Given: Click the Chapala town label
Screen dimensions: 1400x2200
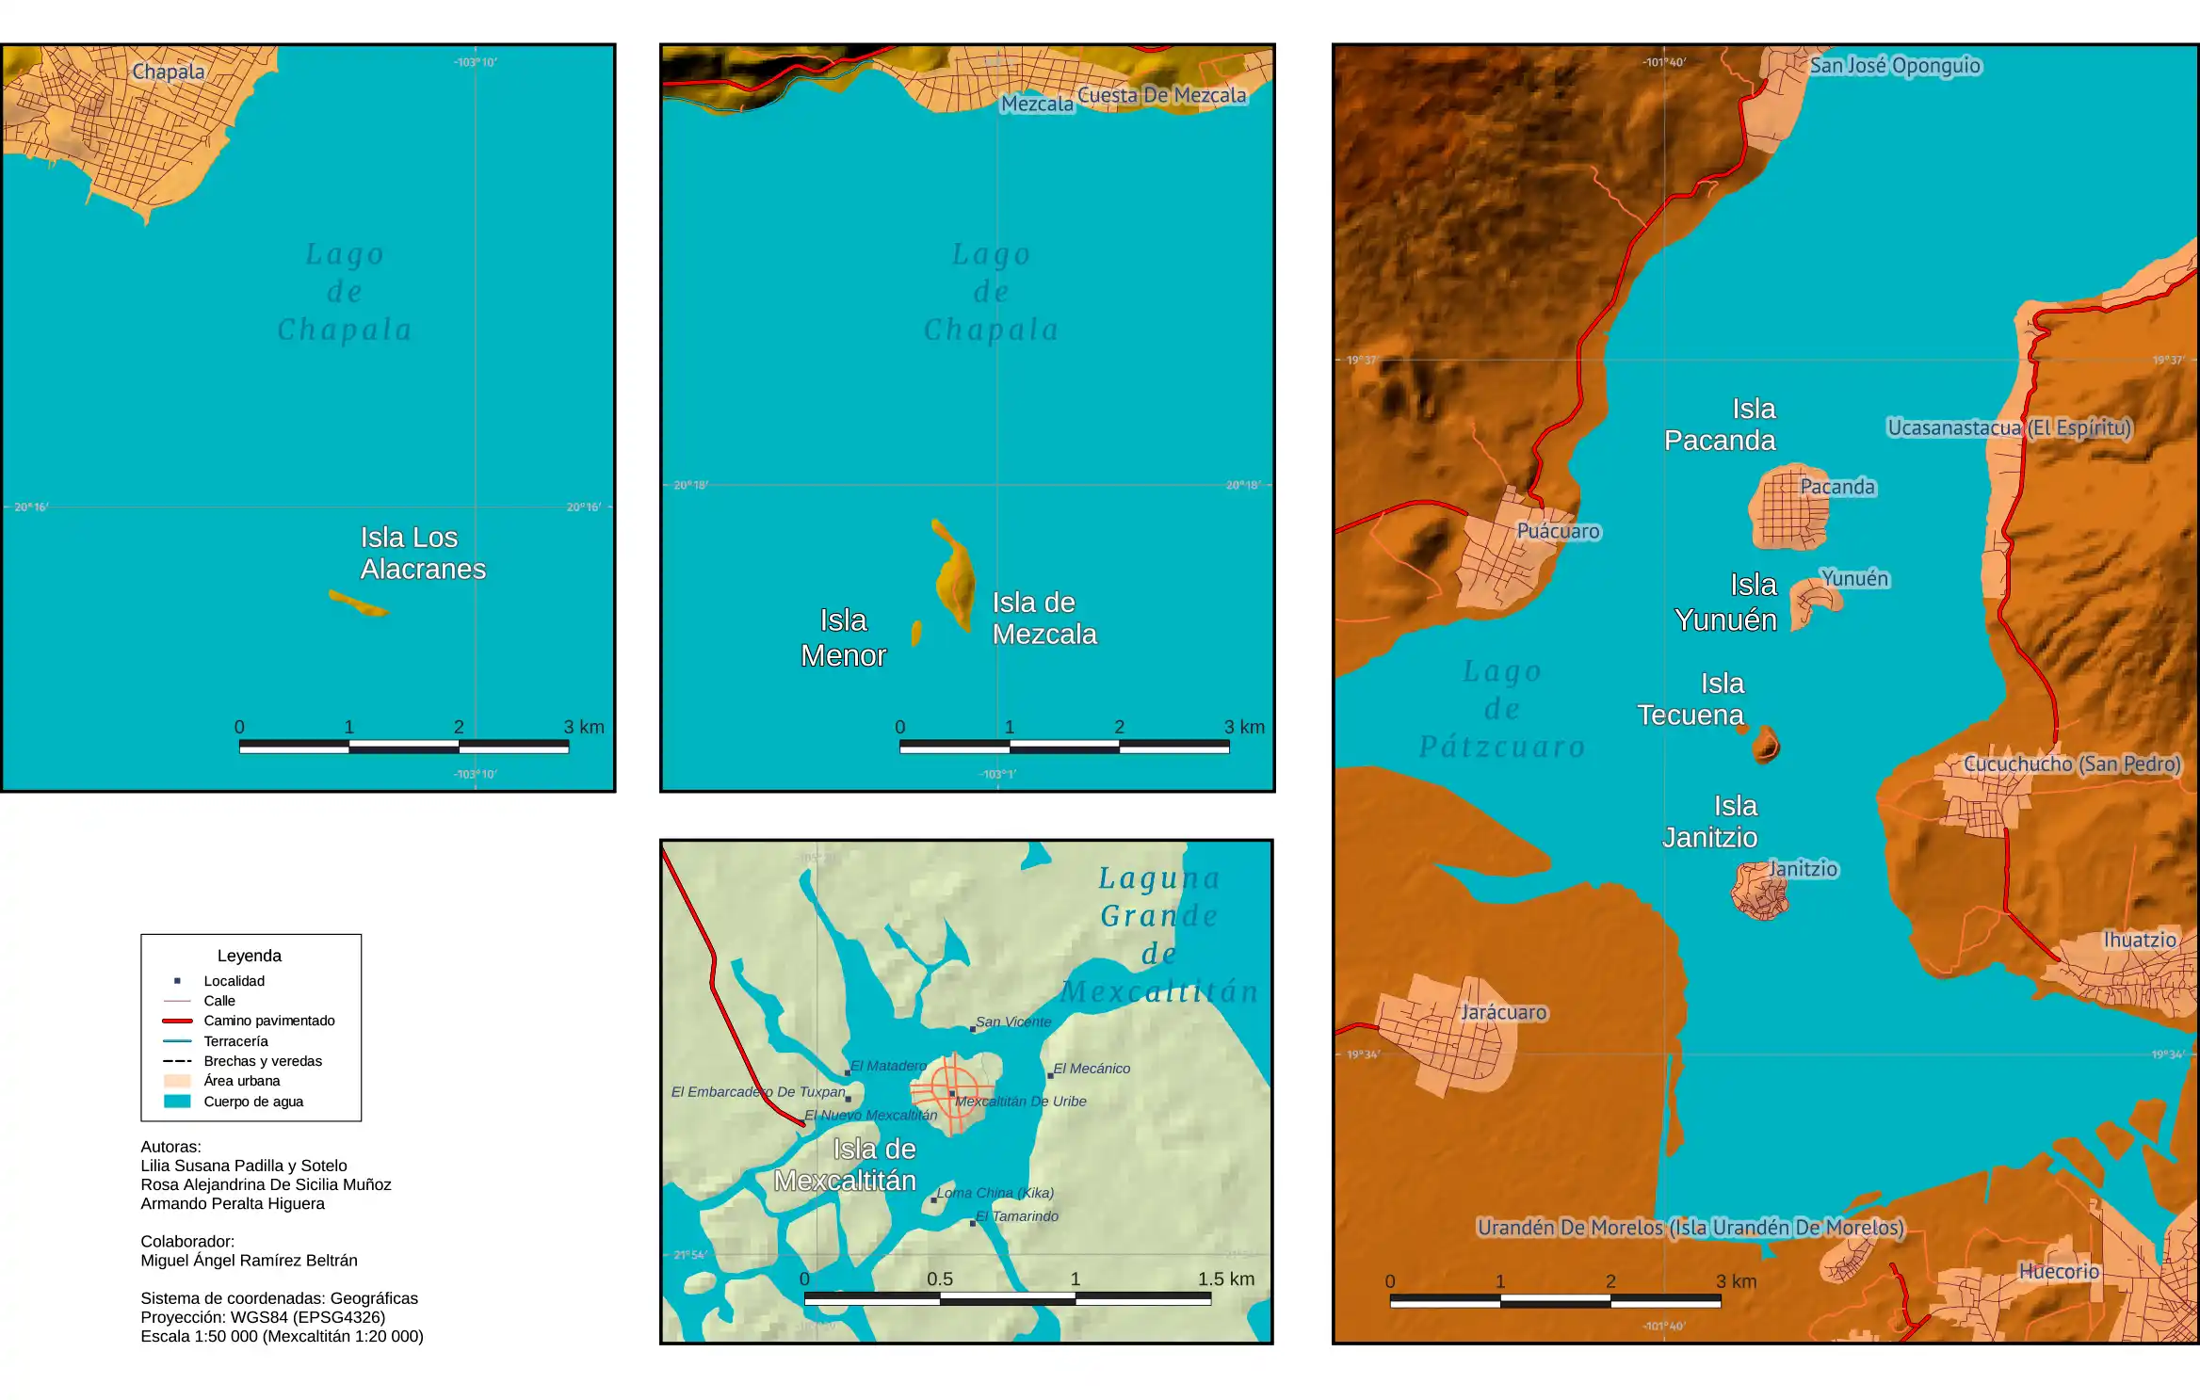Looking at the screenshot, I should pos(168,72).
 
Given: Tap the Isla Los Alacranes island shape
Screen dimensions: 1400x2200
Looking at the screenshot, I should pos(358,603).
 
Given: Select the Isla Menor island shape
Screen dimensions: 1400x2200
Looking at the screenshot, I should pos(916,632).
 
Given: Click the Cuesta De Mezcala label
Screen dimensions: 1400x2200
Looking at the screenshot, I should pos(1161,95).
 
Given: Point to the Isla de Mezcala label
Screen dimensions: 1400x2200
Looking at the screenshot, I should pos(1043,619).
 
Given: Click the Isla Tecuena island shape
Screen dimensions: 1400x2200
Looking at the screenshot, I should pos(1765,746).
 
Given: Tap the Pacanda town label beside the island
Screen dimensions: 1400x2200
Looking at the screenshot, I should pos(1837,487).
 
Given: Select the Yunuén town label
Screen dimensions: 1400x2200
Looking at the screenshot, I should pos(1854,578).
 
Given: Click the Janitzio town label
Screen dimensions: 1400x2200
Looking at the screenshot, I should pos(1803,869).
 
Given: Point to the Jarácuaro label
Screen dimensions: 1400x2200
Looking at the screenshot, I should pos(1503,1012).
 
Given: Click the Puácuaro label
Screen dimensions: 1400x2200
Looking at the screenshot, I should pos(1558,531).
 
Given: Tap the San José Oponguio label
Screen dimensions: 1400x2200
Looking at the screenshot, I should pos(1895,66).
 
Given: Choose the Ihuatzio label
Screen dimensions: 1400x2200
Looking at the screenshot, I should pos(2140,940).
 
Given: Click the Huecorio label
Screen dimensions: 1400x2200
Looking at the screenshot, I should pos(2059,1271).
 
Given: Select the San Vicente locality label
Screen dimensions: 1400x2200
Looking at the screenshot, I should pos(1013,1022).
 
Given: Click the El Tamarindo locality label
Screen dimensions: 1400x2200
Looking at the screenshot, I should pos(1017,1216).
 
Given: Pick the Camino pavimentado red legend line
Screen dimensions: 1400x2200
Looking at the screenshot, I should pos(177,1021).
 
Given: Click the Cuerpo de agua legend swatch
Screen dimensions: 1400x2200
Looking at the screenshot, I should pos(177,1102).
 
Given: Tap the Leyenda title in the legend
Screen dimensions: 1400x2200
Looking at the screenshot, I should pos(250,956).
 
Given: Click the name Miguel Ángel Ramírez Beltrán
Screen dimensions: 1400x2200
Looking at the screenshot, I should pos(249,1261).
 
